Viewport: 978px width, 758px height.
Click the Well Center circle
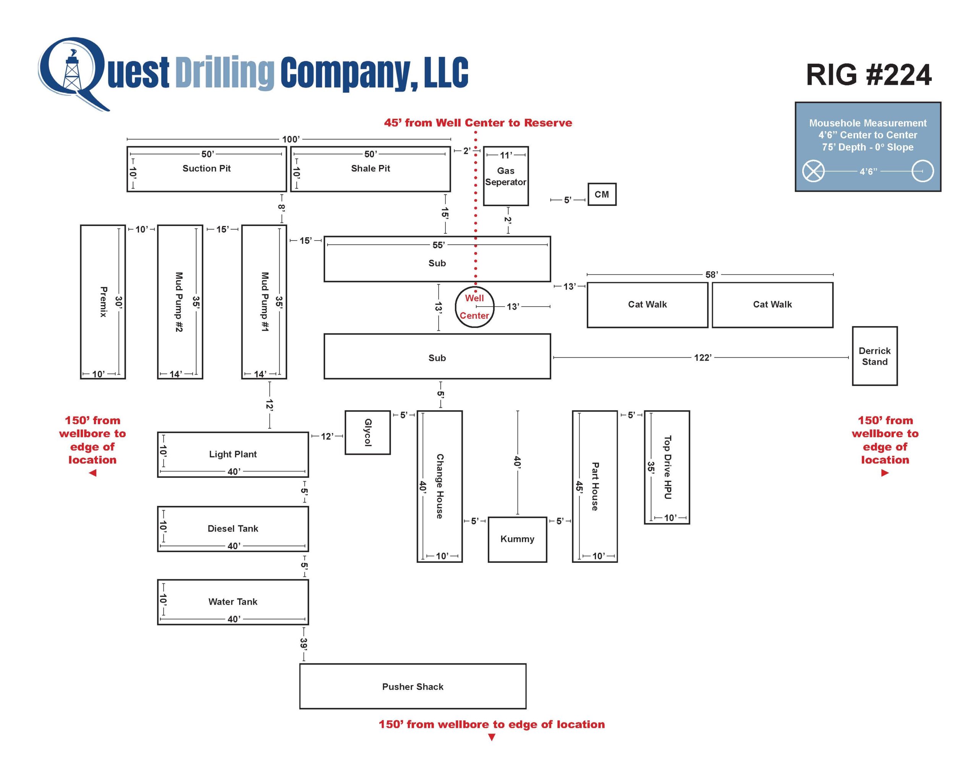click(474, 307)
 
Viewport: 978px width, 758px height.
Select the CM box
click(601, 194)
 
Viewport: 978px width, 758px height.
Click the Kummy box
click(517, 539)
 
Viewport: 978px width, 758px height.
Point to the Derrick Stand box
click(874, 356)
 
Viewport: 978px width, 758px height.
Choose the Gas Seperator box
click(505, 176)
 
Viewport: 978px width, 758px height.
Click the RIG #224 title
click(868, 75)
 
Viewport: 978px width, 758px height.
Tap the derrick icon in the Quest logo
click(72, 72)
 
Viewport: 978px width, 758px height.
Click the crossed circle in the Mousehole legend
click(813, 171)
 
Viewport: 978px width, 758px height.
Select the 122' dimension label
click(702, 357)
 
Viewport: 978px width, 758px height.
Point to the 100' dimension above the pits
click(291, 139)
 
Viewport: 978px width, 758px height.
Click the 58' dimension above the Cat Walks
click(711, 275)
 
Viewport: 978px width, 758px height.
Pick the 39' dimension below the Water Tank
click(304, 644)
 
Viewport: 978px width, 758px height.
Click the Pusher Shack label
click(413, 686)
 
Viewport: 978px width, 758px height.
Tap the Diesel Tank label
click(233, 528)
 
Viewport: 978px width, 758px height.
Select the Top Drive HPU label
click(668, 467)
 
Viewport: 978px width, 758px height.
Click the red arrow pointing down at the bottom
click(492, 737)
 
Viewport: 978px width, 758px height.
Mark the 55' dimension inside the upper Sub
click(438, 245)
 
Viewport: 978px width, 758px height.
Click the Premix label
click(104, 302)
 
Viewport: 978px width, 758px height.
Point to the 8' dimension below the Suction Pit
click(281, 207)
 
